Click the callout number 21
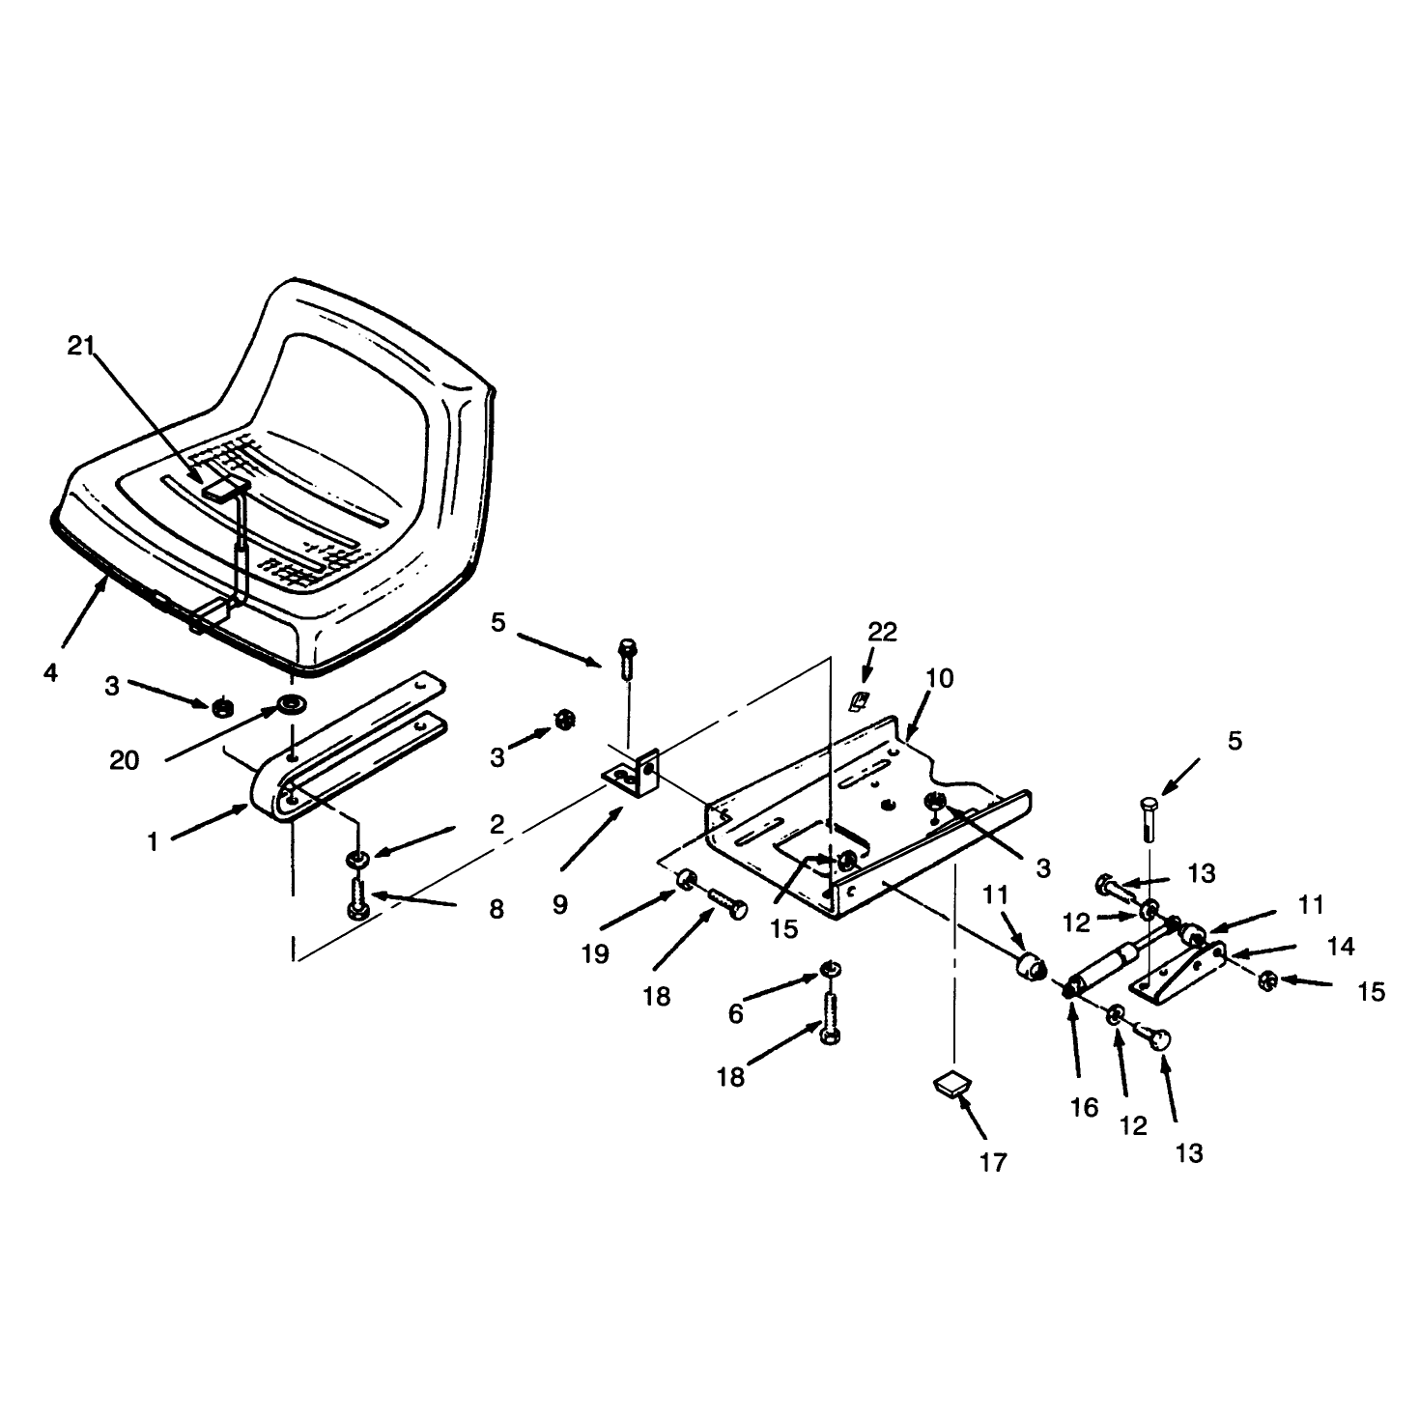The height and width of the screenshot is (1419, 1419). pos(81,346)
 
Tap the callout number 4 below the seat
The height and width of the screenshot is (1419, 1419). pos(50,672)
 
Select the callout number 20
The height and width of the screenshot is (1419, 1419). pos(124,760)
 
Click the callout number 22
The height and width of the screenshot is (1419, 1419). pos(882,631)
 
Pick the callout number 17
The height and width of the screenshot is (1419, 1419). pos(993,1163)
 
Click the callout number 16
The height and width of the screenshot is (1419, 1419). pos(1084,1107)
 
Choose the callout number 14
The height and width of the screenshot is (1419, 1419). pos(1340,947)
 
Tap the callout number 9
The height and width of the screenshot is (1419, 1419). pos(560,905)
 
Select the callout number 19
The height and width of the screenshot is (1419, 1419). pos(595,954)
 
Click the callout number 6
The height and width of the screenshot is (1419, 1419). pos(736,1014)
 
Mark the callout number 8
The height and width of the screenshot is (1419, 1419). pos(497,909)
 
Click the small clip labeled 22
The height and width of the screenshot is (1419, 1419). pos(858,701)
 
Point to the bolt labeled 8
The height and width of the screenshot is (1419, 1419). pos(357,897)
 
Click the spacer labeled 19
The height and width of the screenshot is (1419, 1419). pos(686,878)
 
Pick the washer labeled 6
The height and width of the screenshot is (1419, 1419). pos(830,970)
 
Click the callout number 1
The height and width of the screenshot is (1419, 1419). pos(154,841)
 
